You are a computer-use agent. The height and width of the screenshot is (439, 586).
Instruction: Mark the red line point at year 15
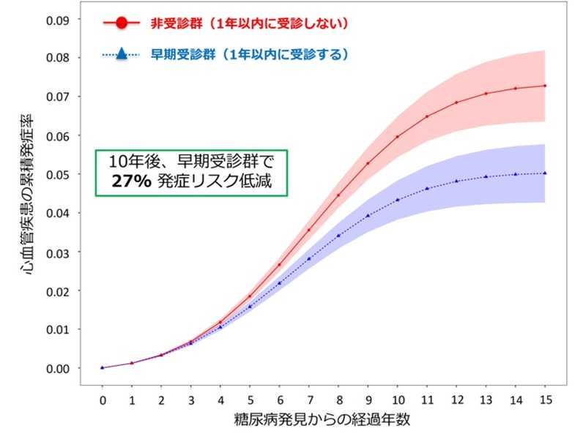[x=544, y=86]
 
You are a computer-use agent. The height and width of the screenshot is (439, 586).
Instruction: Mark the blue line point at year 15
[x=544, y=173]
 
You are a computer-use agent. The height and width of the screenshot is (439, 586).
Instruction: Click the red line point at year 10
[x=397, y=137]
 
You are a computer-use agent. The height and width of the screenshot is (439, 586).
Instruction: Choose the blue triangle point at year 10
[x=397, y=200]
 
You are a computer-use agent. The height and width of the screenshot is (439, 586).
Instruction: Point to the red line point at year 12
[x=456, y=102]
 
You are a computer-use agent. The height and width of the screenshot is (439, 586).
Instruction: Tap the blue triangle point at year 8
[x=338, y=236]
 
